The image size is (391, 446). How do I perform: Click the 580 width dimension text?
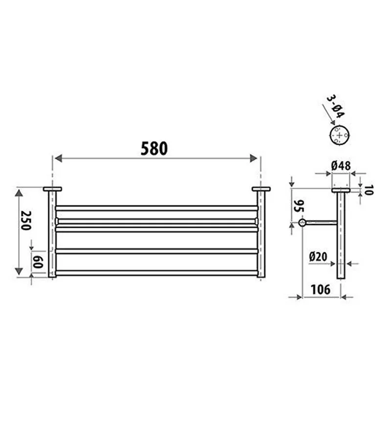click(x=154, y=149)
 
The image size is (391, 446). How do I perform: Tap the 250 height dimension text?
click(x=25, y=221)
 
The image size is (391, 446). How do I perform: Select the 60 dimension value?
click(x=38, y=262)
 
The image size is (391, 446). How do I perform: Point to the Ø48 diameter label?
click(x=341, y=166)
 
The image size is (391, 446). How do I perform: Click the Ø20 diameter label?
click(x=318, y=257)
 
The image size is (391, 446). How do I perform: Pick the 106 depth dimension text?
click(x=321, y=290)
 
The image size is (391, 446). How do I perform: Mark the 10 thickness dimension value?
click(x=368, y=190)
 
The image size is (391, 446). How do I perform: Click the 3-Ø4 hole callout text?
click(x=336, y=107)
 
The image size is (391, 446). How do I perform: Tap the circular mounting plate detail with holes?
click(x=339, y=135)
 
